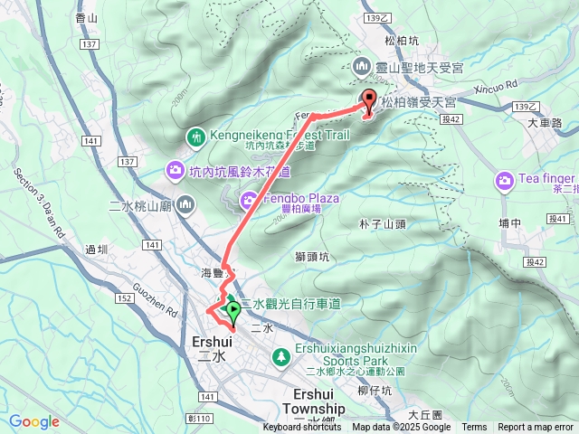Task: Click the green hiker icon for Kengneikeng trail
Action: [x=195, y=137]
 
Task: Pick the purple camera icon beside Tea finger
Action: [x=504, y=182]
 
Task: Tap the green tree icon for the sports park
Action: [x=280, y=356]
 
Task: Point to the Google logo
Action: [x=34, y=421]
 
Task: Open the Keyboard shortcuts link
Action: [x=302, y=428]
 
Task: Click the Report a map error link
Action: [x=536, y=428]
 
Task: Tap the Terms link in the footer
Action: [x=474, y=428]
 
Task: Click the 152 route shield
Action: [x=124, y=298]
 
